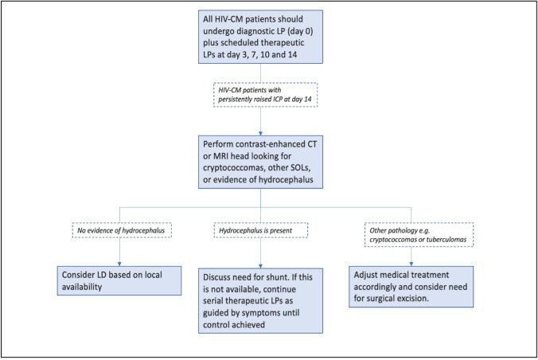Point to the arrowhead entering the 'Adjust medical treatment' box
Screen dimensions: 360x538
(x=411, y=263)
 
